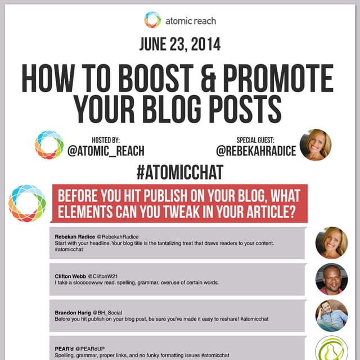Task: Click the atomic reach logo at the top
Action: coord(152,20)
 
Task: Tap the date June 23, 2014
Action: coord(179,46)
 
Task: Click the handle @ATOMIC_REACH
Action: coord(106,151)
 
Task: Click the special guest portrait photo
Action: coord(316,145)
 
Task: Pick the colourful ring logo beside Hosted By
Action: coord(49,145)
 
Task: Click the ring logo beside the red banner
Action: coord(27,203)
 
